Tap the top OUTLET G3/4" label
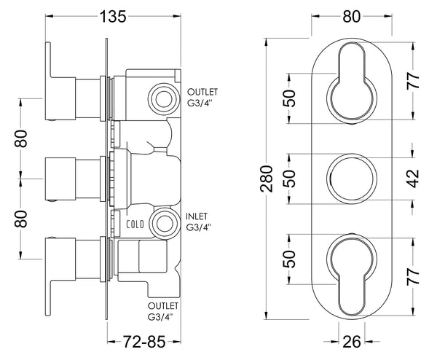[x=202, y=96]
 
